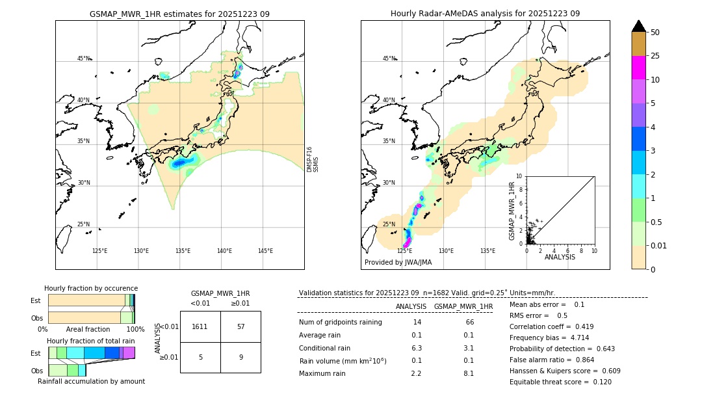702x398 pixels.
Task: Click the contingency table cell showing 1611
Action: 200,326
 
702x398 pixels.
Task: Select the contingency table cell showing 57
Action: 240,326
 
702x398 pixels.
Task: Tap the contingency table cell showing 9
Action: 240,357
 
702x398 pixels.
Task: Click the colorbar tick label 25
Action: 655,56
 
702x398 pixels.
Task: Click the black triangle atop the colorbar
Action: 638,26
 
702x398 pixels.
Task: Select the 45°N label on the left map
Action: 83,59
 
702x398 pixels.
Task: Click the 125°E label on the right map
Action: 404,251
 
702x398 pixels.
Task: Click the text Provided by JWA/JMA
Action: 398,262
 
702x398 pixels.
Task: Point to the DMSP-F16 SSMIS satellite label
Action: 313,159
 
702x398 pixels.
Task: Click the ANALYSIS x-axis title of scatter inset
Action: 560,257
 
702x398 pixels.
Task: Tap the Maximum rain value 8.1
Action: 468,374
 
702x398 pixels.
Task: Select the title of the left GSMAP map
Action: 179,14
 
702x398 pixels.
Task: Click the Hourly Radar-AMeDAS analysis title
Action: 485,14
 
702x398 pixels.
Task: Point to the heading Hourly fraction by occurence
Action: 91,288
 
